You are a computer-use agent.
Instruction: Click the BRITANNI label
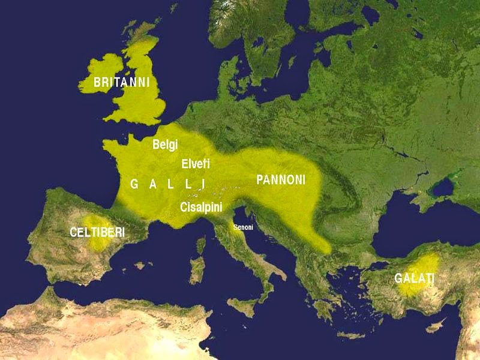121,82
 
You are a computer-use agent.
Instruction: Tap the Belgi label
166,145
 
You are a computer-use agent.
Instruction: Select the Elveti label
196,163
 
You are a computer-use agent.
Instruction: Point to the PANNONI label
281,179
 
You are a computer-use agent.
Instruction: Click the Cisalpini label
201,207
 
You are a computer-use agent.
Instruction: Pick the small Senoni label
244,227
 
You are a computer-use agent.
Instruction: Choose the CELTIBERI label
97,232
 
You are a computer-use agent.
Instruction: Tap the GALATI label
414,278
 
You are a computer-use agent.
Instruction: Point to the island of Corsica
200,245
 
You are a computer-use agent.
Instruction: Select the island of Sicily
246,307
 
